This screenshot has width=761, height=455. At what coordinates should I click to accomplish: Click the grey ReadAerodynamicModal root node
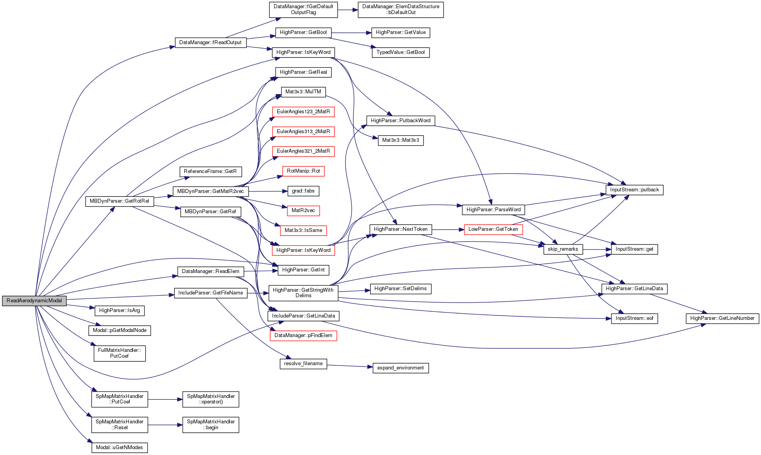coord(34,301)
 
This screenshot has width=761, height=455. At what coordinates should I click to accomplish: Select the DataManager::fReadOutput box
coord(210,43)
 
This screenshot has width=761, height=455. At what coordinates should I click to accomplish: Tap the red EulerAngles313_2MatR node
coord(303,132)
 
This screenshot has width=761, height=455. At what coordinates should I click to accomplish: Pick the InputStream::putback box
coord(634,190)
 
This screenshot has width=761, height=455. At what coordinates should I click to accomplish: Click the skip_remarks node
coord(563,249)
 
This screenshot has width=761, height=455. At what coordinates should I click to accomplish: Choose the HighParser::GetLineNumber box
coord(722,318)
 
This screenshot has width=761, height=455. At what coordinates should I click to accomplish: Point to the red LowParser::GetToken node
coord(493,229)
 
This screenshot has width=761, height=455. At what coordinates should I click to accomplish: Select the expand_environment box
coord(401,368)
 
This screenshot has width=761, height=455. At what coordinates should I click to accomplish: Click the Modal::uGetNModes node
coord(119,448)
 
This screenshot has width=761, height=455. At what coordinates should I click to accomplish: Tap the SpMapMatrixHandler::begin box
coord(211,425)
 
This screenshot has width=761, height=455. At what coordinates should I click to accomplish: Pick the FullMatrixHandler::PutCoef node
coord(119,353)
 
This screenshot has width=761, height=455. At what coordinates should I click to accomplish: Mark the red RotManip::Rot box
coord(303,171)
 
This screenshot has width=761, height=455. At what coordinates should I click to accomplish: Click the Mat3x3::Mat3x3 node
coord(401,140)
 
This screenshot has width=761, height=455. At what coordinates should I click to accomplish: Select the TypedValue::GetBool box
coord(401,52)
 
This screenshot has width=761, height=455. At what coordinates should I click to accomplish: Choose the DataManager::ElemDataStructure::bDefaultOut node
coord(401,9)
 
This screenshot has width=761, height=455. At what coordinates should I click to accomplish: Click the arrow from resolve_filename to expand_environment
coord(350,366)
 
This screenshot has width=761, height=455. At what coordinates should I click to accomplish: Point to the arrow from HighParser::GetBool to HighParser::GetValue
coord(349,33)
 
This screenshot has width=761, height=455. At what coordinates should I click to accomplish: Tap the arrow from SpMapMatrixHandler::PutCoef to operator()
coord(165,400)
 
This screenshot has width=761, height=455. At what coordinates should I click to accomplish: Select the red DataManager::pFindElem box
coord(303,335)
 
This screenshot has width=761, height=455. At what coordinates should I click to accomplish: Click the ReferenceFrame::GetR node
coord(210,171)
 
